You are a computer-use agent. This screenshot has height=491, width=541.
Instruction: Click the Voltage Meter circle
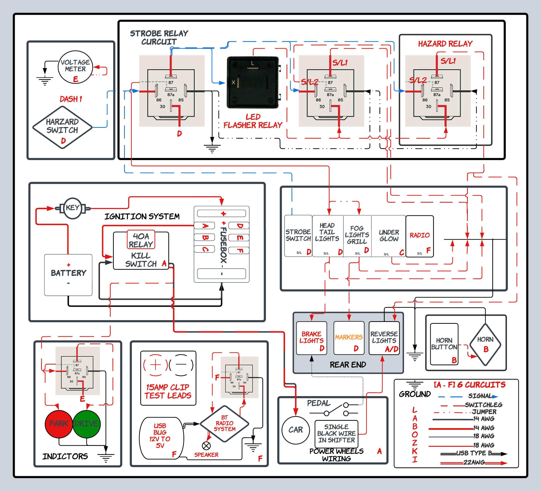75,67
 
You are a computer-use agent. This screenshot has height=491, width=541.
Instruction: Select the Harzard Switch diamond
62,127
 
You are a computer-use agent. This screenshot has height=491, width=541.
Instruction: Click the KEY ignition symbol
72,208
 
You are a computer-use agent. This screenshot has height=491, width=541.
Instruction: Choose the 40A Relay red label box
141,240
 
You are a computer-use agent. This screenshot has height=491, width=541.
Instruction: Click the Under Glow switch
389,236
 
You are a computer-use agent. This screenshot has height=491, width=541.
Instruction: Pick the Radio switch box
419,236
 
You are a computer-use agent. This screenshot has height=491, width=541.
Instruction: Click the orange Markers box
349,338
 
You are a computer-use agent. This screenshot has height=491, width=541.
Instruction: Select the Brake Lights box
311,338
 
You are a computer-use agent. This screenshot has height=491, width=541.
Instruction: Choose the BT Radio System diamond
224,424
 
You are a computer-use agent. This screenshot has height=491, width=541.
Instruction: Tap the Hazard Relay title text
445,44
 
